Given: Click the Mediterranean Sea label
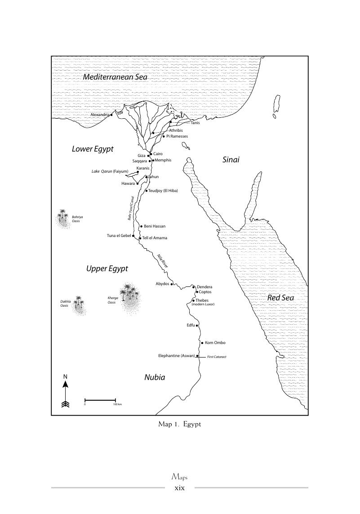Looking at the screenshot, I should click(115, 77).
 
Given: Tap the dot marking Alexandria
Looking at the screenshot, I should click(111, 115).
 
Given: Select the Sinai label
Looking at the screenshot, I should click(231, 160).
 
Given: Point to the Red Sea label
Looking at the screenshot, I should click(280, 297).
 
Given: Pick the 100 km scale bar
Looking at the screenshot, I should click(100, 399).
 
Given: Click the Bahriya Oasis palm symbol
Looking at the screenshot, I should click(62, 216).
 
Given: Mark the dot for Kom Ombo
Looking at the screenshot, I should click(202, 343).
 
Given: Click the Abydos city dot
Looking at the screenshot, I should click(172, 284).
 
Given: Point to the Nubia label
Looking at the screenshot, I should click(155, 377).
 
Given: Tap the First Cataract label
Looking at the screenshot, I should click(217, 357).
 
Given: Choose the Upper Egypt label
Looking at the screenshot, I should click(107, 268).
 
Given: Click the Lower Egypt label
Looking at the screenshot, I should click(93, 149).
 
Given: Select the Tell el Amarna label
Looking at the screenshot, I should click(155, 238).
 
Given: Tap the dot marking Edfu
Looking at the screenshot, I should click(197, 325).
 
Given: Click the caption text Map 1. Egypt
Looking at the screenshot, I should click(180, 424).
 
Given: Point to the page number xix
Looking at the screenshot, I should click(180, 487).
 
